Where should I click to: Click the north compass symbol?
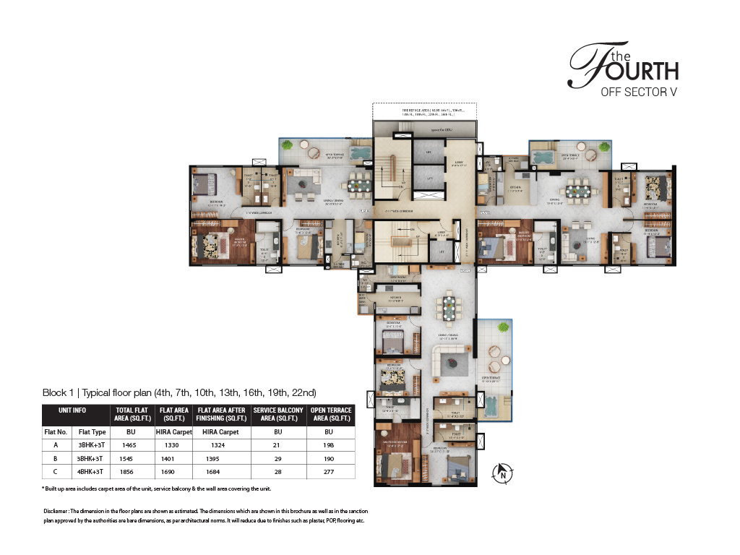tap(500, 474)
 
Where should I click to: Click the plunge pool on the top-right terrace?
tap(543, 156)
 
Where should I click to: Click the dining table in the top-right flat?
tap(578, 191)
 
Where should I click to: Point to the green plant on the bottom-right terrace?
tap(504, 329)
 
